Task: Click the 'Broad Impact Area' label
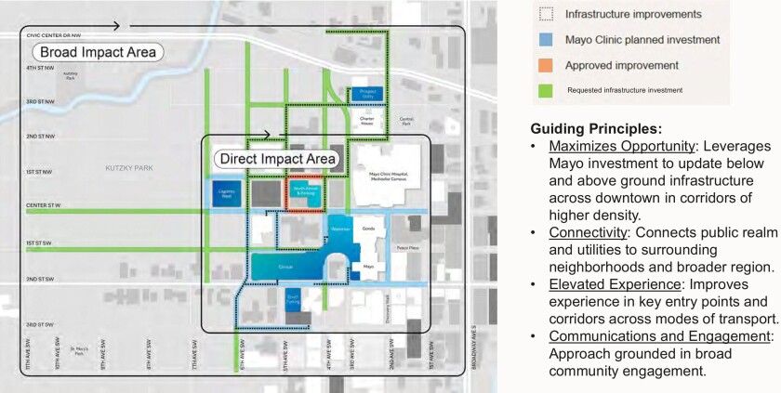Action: point(97,52)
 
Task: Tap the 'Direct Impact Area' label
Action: point(275,159)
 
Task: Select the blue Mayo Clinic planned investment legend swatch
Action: point(546,39)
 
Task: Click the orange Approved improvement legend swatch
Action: point(546,65)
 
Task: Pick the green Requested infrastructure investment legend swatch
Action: point(546,90)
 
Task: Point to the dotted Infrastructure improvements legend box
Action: point(546,14)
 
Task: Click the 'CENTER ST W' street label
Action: point(42,204)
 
